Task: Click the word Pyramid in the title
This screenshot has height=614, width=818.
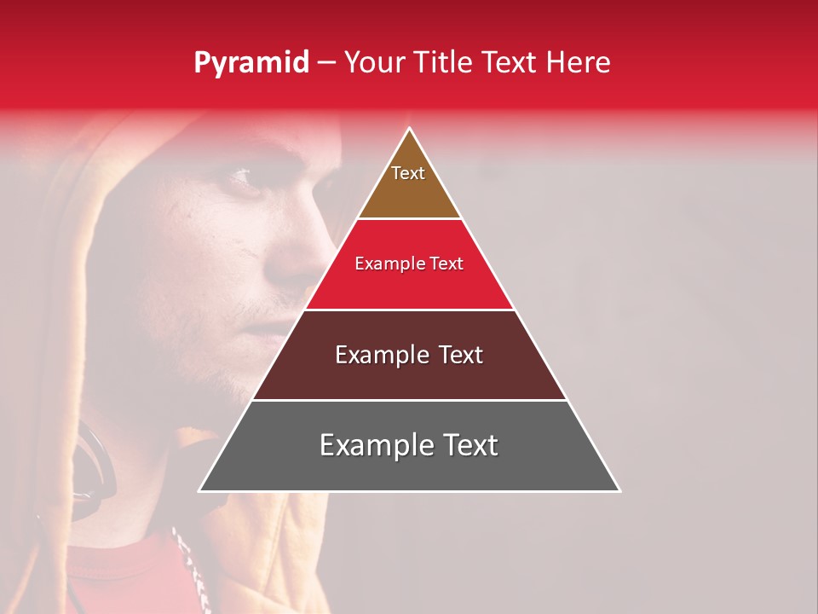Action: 251,63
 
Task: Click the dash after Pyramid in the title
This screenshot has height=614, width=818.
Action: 326,63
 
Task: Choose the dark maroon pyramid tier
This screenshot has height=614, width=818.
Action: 409,375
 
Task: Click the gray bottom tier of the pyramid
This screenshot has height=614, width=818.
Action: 409,469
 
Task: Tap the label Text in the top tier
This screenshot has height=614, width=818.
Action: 408,173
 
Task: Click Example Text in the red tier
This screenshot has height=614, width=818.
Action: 409,264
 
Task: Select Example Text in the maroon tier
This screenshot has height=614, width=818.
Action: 409,355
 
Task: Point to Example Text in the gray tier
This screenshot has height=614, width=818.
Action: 409,445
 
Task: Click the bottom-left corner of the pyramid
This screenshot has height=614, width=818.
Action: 200,490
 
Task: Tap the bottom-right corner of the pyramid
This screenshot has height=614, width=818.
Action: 619,490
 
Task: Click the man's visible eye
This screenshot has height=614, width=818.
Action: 240,177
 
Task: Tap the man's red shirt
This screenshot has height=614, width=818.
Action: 128,580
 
